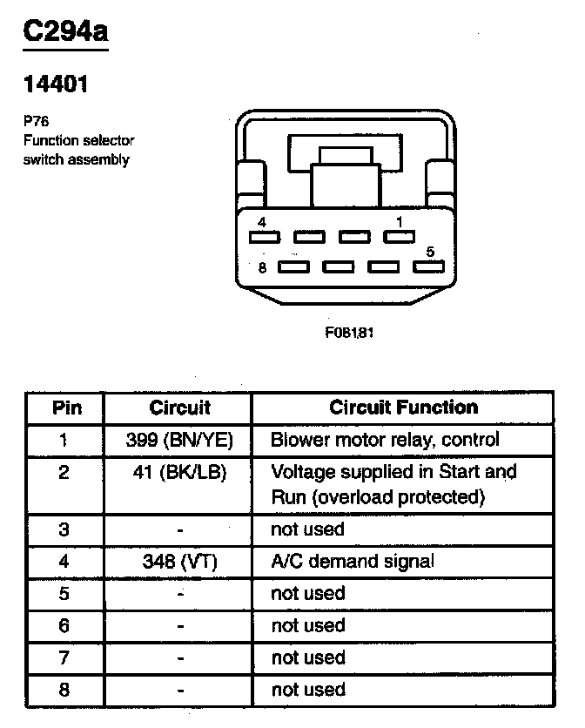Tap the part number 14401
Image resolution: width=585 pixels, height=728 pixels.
pyautogui.click(x=55, y=84)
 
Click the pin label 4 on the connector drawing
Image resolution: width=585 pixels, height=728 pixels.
pyautogui.click(x=262, y=223)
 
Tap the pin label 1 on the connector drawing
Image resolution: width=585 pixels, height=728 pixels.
pyautogui.click(x=399, y=223)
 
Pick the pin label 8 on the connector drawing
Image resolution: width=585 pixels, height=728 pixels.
pyautogui.click(x=262, y=266)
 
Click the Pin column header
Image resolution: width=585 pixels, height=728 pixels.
pyautogui.click(x=66, y=408)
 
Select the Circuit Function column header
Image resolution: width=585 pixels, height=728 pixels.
pyautogui.click(x=403, y=408)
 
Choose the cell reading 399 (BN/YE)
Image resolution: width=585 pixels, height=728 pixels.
pyautogui.click(x=180, y=439)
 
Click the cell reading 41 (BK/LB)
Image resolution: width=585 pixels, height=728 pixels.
pyautogui.click(x=180, y=472)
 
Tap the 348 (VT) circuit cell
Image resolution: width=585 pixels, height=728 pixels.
pyautogui.click(x=180, y=562)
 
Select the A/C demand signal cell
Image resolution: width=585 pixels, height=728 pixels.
pyautogui.click(x=353, y=562)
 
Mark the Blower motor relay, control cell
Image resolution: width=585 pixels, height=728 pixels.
pyautogui.click(x=385, y=439)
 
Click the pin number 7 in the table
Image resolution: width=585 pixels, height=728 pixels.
pyautogui.click(x=64, y=657)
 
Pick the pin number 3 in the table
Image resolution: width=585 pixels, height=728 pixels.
pyautogui.click(x=64, y=529)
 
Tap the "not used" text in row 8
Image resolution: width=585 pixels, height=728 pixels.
pyautogui.click(x=308, y=690)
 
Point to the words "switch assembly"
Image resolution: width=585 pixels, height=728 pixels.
pyautogui.click(x=76, y=159)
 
